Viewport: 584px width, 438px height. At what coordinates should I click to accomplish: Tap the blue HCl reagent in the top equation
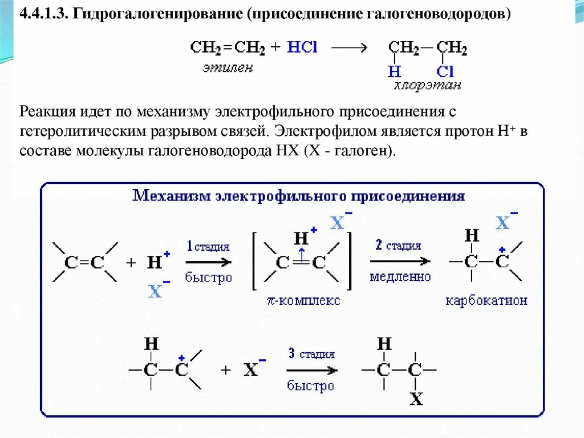[302, 48]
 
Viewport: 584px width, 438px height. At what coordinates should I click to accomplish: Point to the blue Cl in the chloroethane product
[445, 71]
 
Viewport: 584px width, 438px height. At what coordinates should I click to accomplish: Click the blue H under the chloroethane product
[394, 71]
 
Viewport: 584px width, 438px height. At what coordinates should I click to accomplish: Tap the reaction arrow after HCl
[348, 49]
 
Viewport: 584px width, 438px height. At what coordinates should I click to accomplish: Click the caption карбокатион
[486, 300]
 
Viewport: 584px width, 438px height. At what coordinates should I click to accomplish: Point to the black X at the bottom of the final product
[416, 399]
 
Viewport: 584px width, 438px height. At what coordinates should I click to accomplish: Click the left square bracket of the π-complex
[255, 261]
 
